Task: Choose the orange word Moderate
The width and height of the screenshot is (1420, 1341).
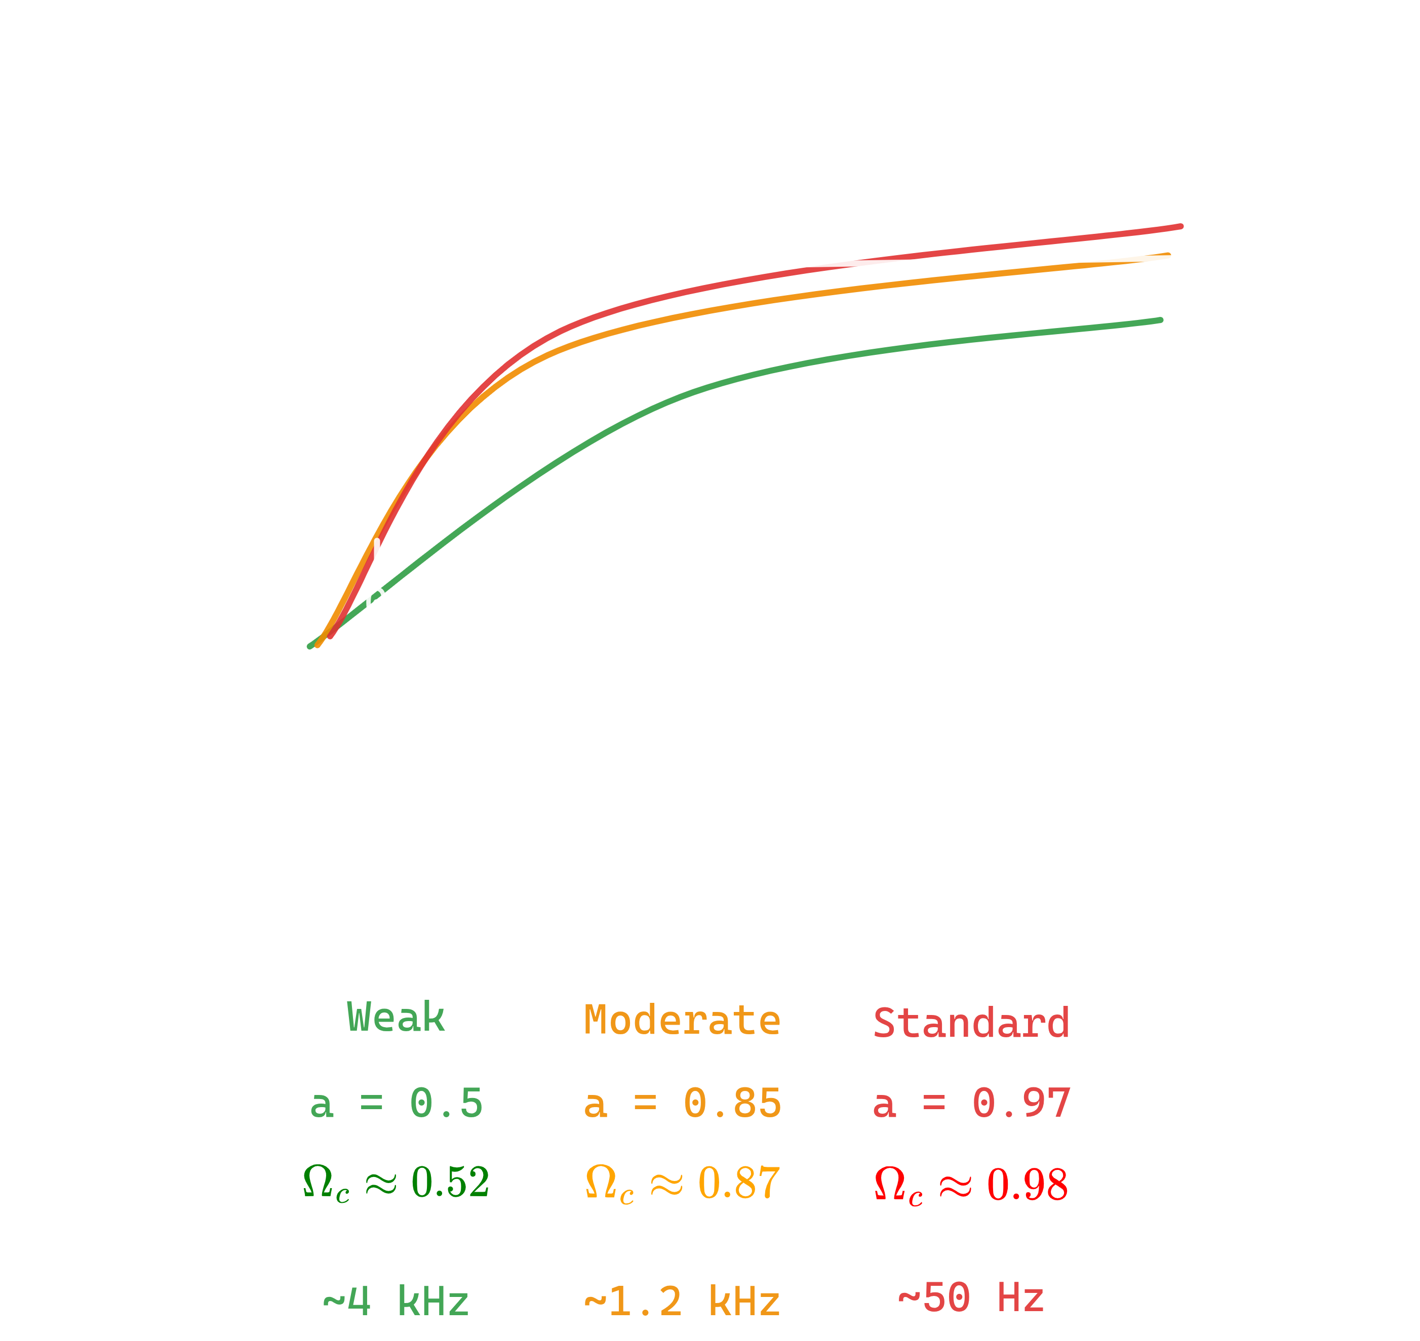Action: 682,1020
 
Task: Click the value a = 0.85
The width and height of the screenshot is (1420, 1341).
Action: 682,1104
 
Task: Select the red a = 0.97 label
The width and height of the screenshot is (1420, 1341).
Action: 971,1104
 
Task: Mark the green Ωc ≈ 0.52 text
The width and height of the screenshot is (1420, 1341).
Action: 396,1183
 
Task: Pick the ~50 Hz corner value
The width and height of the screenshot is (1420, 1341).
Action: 971,1297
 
